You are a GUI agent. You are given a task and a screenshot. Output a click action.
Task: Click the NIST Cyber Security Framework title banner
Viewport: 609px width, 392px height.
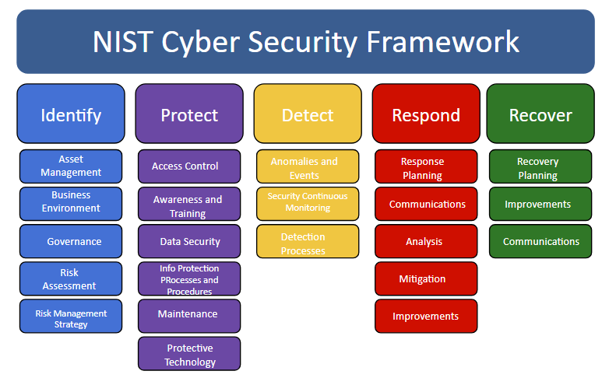pyautogui.click(x=305, y=41)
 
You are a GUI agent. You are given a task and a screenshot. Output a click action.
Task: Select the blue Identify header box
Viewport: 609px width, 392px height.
pyautogui.click(x=71, y=114)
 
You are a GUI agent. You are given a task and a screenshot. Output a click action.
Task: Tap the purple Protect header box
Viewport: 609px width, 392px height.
pyautogui.click(x=189, y=114)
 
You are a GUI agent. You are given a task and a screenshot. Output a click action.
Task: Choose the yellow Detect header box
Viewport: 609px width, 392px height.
pyautogui.click(x=308, y=114)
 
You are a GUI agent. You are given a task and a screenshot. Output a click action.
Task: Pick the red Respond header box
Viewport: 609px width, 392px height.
pyautogui.click(x=426, y=114)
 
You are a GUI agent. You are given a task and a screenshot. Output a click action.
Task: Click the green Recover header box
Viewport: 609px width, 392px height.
pyautogui.click(x=540, y=114)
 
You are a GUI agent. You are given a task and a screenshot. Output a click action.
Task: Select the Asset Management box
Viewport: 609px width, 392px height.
pyautogui.click(x=71, y=166)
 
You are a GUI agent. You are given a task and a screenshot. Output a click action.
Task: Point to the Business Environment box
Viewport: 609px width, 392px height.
pyautogui.click(x=71, y=203)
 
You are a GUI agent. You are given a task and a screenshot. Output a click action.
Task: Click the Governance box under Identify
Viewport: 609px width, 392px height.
pyautogui.click(x=71, y=241)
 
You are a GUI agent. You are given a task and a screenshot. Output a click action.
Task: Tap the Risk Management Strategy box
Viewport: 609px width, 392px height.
pyautogui.click(x=71, y=317)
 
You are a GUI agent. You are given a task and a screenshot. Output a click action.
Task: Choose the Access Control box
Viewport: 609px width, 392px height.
pyautogui.click(x=189, y=166)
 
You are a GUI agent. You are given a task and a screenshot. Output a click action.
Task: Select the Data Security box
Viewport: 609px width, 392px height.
pyautogui.click(x=189, y=241)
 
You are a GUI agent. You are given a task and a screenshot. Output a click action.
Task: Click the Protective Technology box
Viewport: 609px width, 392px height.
pyautogui.click(x=189, y=354)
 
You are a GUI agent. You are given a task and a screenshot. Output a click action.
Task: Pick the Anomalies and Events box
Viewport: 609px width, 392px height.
pyautogui.click(x=308, y=166)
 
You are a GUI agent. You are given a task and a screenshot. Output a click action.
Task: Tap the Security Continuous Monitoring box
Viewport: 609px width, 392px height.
pyautogui.click(x=308, y=203)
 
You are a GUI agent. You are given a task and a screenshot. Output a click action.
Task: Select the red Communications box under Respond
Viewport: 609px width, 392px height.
pyautogui.click(x=426, y=204)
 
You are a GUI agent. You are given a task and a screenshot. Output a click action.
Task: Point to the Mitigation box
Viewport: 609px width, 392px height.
pyautogui.click(x=426, y=278)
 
